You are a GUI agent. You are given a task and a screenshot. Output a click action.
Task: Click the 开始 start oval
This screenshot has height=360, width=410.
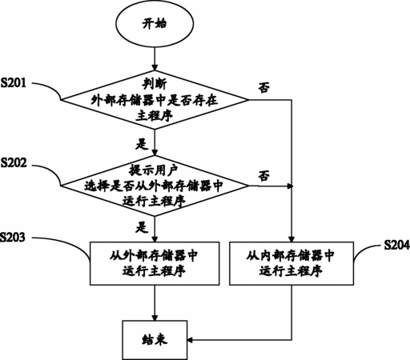click(x=155, y=24)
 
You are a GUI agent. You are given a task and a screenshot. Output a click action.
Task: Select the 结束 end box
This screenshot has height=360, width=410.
click(x=155, y=340)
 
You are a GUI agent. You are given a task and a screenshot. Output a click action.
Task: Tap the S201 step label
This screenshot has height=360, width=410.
click(x=14, y=83)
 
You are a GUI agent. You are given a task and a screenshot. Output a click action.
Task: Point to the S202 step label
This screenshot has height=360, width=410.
click(x=14, y=163)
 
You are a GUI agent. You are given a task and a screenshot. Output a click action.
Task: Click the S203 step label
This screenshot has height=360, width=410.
click(x=13, y=237)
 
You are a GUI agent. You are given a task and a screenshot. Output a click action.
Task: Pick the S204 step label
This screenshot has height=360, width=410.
click(x=397, y=245)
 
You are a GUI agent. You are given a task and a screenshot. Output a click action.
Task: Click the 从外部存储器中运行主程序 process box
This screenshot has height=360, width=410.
click(x=155, y=263)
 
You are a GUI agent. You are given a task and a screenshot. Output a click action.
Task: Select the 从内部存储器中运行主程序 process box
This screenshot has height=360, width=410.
click(x=291, y=263)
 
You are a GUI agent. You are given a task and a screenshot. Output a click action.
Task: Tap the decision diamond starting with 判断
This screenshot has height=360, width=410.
click(x=155, y=100)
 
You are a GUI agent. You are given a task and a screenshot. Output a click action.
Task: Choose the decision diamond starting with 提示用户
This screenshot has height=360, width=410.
click(x=155, y=186)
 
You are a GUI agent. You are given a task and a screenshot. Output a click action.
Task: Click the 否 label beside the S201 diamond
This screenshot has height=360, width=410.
click(x=263, y=87)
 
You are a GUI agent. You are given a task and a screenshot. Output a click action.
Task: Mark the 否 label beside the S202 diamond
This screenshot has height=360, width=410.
click(x=263, y=176)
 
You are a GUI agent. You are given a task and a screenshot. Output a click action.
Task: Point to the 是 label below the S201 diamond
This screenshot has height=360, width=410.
click(x=142, y=144)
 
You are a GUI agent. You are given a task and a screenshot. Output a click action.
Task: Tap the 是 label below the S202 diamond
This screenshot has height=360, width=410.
click(x=142, y=227)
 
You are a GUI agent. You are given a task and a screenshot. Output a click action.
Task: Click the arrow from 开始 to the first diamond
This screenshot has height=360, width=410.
click(x=155, y=58)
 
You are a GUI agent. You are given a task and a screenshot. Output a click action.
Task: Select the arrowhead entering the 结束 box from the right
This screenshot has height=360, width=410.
click(x=191, y=340)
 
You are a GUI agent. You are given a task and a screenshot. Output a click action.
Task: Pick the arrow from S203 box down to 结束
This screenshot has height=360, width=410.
click(x=155, y=302)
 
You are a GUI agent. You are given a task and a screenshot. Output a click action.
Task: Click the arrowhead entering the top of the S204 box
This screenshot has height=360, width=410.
click(x=291, y=238)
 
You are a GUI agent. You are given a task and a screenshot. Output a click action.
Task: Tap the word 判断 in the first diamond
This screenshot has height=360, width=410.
click(x=155, y=84)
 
